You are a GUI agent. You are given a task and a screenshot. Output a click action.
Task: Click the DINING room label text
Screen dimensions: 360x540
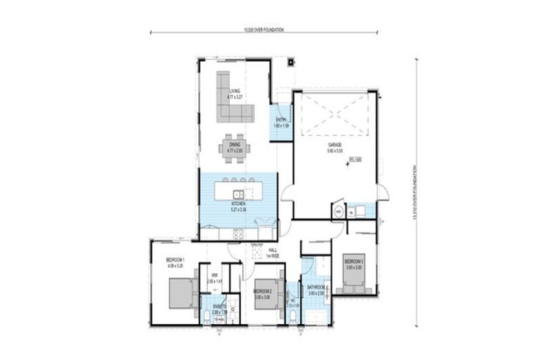pyautogui.click(x=234, y=146)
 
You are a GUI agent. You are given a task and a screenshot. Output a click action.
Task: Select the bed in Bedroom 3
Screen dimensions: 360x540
pyautogui.click(x=354, y=279)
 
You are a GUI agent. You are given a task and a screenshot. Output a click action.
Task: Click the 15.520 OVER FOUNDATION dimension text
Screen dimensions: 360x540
pyautogui.click(x=264, y=30)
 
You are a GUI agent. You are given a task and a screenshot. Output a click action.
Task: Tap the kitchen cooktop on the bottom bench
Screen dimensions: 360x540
pyautogui.click(x=238, y=233)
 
